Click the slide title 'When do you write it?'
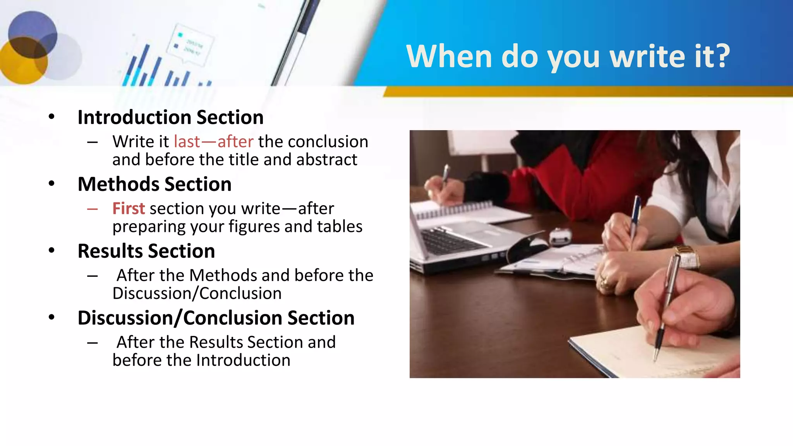tap(568, 56)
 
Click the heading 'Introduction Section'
tap(170, 117)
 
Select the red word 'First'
tap(129, 208)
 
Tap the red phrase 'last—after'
tap(213, 141)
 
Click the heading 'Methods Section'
tap(154, 184)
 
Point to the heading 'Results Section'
tap(146, 251)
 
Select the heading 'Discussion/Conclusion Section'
tap(216, 318)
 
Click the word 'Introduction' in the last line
tap(243, 360)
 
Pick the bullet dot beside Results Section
tap(51, 250)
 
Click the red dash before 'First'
tap(92, 209)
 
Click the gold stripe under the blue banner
tap(581, 92)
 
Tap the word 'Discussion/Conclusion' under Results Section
tap(197, 293)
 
